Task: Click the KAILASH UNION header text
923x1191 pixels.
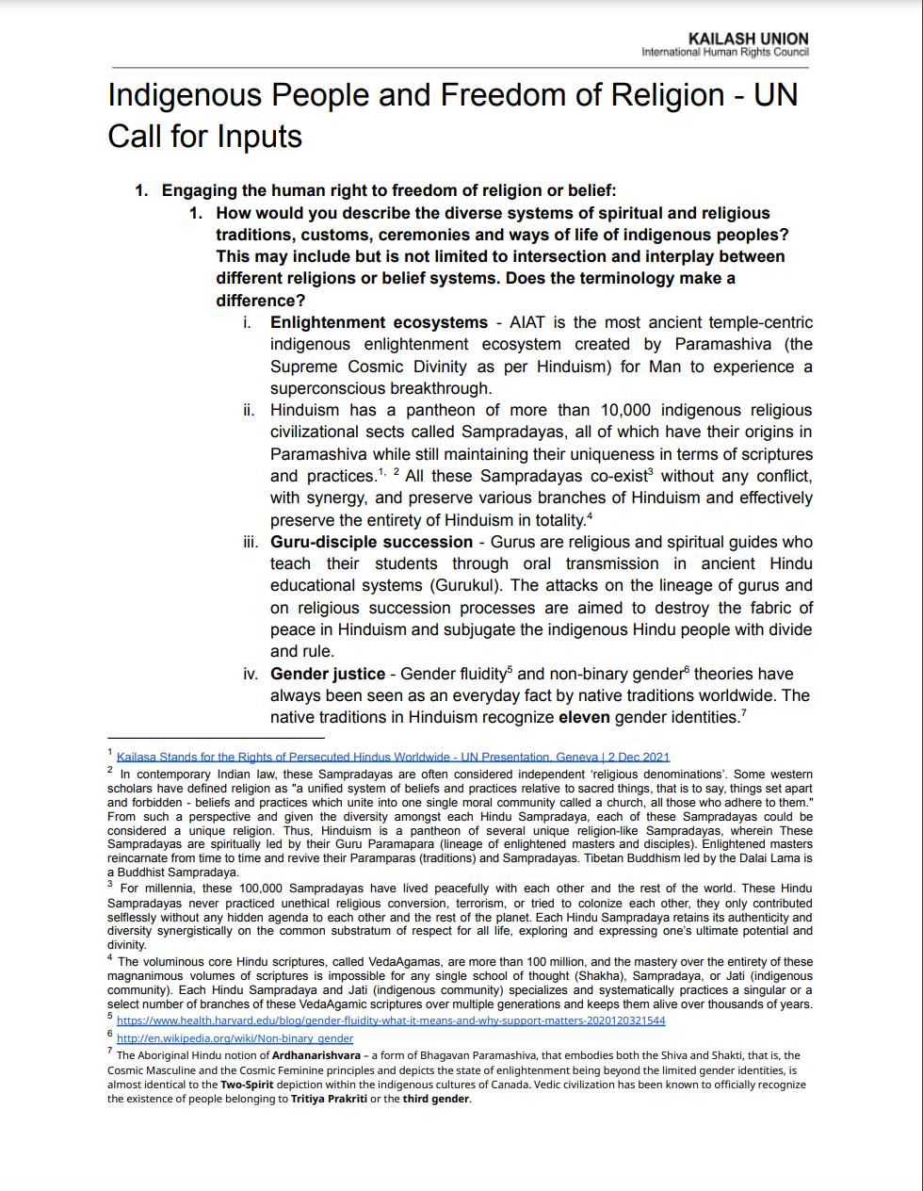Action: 748,39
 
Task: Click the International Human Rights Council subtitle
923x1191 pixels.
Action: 724,52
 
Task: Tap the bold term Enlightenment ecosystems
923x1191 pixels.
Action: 379,322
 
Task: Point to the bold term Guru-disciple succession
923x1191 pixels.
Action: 371,542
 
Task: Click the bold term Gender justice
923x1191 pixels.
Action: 328,674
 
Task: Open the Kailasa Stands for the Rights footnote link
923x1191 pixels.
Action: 393,757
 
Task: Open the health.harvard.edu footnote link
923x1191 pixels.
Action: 391,1020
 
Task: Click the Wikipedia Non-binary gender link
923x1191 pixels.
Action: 235,1038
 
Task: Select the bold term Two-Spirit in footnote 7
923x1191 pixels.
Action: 248,1085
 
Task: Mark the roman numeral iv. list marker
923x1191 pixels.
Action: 250,674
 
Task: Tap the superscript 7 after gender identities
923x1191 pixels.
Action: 743,713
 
